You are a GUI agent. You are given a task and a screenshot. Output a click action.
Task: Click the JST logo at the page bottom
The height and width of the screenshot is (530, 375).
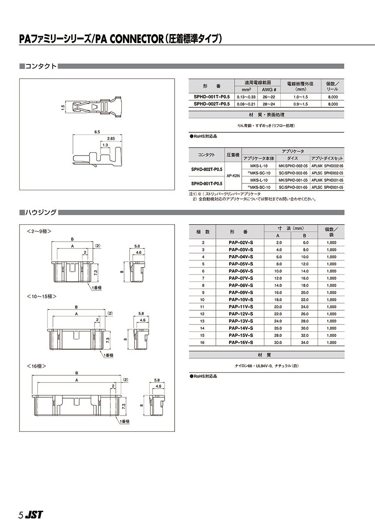[33, 515]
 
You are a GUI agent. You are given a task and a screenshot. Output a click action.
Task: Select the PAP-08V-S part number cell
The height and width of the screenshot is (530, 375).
[241, 285]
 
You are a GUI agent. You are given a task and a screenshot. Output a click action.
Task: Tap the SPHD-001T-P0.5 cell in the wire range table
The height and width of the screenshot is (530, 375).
[212, 97]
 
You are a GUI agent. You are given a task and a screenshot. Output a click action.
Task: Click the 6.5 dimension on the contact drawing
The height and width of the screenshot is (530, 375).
[97, 132]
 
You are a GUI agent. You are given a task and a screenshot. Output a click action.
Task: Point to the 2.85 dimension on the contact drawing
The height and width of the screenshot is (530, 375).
[111, 138]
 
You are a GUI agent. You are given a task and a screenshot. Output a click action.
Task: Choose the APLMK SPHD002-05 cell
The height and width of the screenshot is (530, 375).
[327, 166]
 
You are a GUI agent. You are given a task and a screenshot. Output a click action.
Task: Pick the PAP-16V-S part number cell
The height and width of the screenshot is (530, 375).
[241, 342]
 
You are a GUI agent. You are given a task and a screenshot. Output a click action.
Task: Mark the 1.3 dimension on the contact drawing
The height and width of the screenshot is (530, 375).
[105, 144]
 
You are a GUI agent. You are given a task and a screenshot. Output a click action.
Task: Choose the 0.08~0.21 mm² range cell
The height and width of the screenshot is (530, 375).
[246, 104]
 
